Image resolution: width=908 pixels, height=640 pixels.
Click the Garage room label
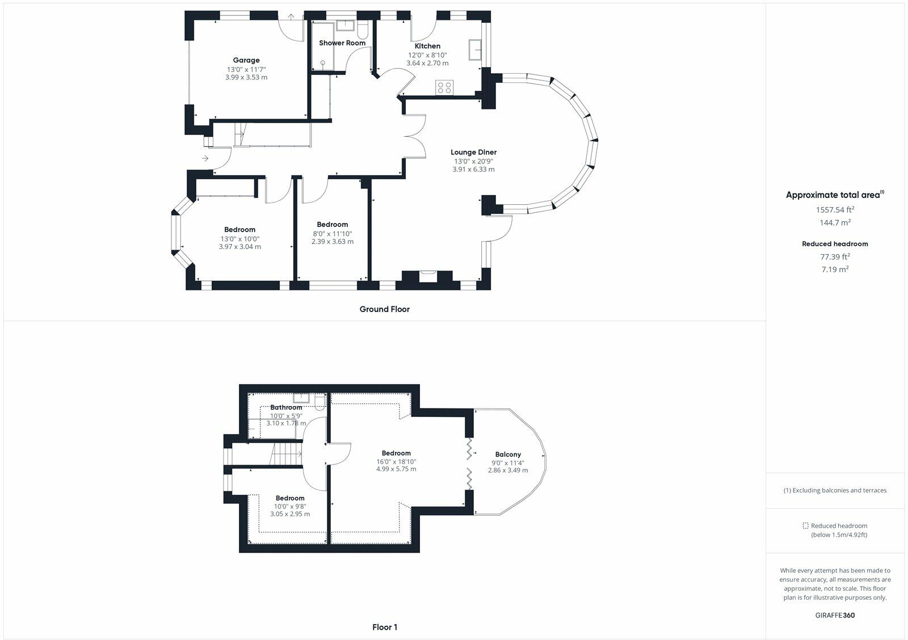(x=246, y=60)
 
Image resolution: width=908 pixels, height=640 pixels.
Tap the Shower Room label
(x=342, y=43)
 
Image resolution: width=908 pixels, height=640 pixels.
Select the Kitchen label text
(x=427, y=46)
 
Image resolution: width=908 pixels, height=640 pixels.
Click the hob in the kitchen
(x=444, y=87)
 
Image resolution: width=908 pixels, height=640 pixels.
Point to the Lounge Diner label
(x=473, y=152)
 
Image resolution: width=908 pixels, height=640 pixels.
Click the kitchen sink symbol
(x=475, y=50)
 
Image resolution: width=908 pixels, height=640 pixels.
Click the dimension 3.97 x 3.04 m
(x=239, y=247)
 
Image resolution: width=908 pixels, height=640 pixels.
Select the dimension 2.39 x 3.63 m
(x=332, y=241)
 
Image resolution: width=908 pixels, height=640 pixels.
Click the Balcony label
(x=508, y=454)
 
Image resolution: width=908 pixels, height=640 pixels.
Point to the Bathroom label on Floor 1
(x=286, y=407)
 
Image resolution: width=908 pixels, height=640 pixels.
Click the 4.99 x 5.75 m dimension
(x=396, y=469)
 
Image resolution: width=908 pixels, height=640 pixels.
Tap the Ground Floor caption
(x=384, y=309)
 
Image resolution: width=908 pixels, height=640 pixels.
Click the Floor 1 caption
(x=385, y=627)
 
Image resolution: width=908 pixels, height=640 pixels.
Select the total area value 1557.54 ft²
(x=835, y=209)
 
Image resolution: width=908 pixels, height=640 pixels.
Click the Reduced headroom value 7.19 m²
(x=835, y=270)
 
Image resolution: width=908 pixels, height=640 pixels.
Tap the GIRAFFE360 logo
(x=835, y=615)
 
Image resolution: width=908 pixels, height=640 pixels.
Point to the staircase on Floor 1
(x=287, y=454)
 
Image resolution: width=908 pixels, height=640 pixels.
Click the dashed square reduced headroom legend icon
(x=806, y=526)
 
